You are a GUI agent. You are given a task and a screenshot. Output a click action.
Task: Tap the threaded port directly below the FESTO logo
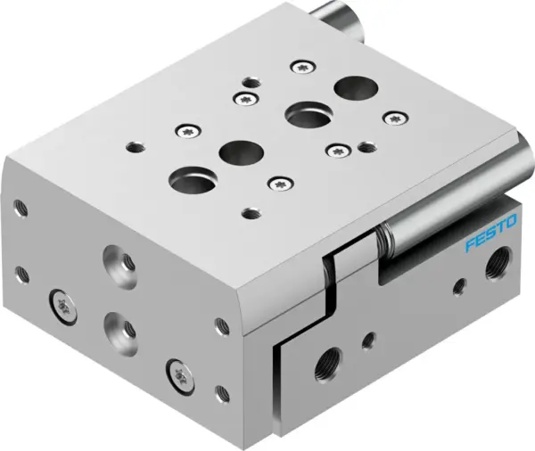493,266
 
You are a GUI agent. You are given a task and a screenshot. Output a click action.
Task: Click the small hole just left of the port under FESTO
460,285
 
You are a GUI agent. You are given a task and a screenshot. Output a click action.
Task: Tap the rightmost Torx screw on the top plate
394,116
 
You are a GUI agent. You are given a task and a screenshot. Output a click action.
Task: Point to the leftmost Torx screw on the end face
60,303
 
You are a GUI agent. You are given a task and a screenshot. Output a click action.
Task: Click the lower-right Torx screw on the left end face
175,366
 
